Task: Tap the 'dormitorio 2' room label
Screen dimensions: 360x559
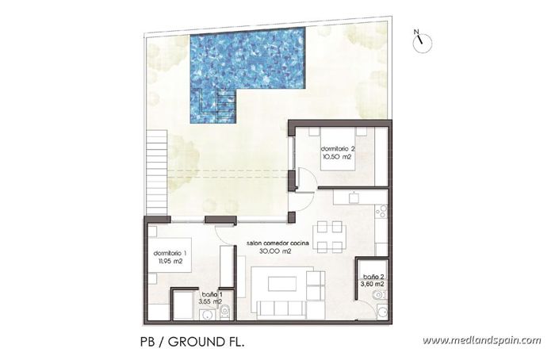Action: pyautogui.click(x=337, y=149)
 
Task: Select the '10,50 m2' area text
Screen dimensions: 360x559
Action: pyautogui.click(x=337, y=157)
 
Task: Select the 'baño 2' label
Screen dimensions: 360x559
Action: pyautogui.click(x=372, y=278)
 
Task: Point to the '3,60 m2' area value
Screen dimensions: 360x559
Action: pyautogui.click(x=372, y=285)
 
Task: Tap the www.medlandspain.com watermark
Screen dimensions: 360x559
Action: pyautogui.click(x=481, y=341)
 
